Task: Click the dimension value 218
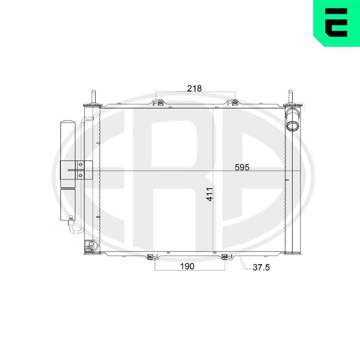194,88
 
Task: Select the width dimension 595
242,167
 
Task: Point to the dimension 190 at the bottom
187,266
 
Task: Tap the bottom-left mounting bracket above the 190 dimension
150,257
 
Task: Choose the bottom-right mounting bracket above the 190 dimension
226,257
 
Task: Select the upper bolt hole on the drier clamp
81,165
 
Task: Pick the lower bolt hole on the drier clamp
81,175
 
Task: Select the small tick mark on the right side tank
287,179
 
